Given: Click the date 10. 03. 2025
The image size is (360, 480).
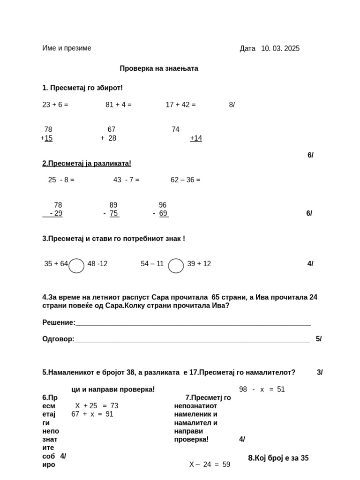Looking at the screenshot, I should (280, 49).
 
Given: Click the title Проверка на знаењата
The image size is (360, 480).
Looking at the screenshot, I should (159, 68).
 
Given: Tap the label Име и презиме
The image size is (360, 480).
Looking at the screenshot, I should (67, 48).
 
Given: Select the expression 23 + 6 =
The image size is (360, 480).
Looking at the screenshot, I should (55, 105).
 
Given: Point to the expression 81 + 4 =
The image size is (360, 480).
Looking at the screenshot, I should (119, 105).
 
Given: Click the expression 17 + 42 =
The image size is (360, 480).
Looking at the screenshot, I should (180, 105).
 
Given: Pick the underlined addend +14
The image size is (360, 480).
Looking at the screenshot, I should (196, 138).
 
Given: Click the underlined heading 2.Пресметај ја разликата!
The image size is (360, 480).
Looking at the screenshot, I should (87, 164).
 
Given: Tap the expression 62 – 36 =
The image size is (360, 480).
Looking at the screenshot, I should (185, 180).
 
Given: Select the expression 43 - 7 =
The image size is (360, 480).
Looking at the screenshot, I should (126, 180).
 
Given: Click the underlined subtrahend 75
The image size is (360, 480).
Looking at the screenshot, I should (114, 214).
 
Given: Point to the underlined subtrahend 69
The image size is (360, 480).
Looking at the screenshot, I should (163, 214).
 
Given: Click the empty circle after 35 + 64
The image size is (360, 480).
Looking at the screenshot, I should (76, 266).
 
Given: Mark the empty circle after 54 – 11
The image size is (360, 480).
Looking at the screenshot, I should (176, 266).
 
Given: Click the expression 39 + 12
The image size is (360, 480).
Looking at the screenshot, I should (199, 264).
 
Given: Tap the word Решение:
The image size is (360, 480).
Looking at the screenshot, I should (59, 322).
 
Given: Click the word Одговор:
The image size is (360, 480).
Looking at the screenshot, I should (58, 339).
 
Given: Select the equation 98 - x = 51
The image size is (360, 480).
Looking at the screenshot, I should (262, 390).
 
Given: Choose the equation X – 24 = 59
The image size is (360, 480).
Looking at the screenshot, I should (210, 465).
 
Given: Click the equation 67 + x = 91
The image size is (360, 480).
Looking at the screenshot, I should (92, 414).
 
